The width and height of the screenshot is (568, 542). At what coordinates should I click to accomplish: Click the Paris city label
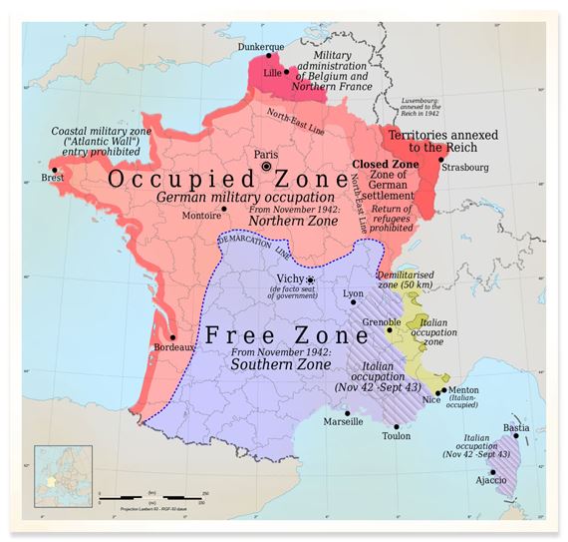(265, 155)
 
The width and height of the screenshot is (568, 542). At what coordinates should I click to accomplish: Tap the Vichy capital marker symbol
(311, 280)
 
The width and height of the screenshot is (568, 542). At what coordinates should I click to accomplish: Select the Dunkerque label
(259, 47)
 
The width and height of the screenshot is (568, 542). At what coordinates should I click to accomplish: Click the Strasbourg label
(464, 169)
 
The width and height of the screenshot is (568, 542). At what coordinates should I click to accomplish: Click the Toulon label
(396, 436)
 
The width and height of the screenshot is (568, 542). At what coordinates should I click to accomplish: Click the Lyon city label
(353, 293)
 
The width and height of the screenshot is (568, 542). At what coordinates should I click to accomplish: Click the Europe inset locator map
(66, 477)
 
